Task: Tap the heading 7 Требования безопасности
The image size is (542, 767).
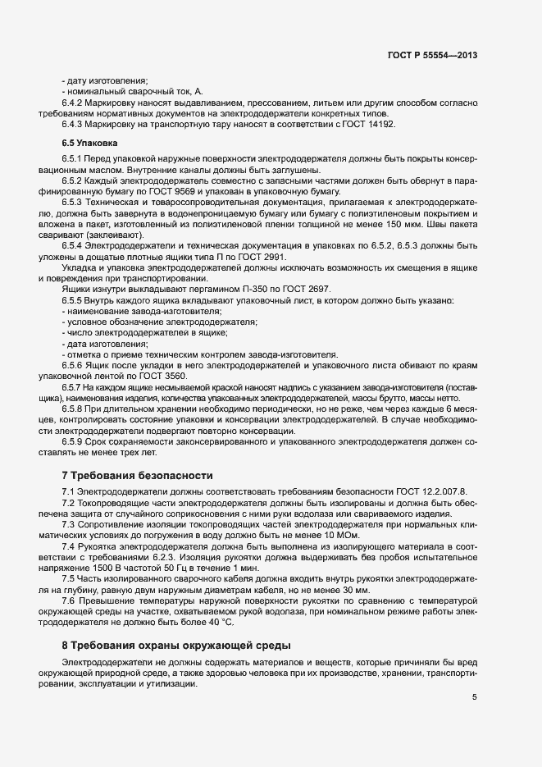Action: click(126, 475)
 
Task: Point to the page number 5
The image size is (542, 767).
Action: click(475, 698)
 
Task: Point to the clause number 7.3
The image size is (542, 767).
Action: click(68, 523)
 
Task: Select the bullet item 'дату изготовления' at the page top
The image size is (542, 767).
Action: click(106, 80)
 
